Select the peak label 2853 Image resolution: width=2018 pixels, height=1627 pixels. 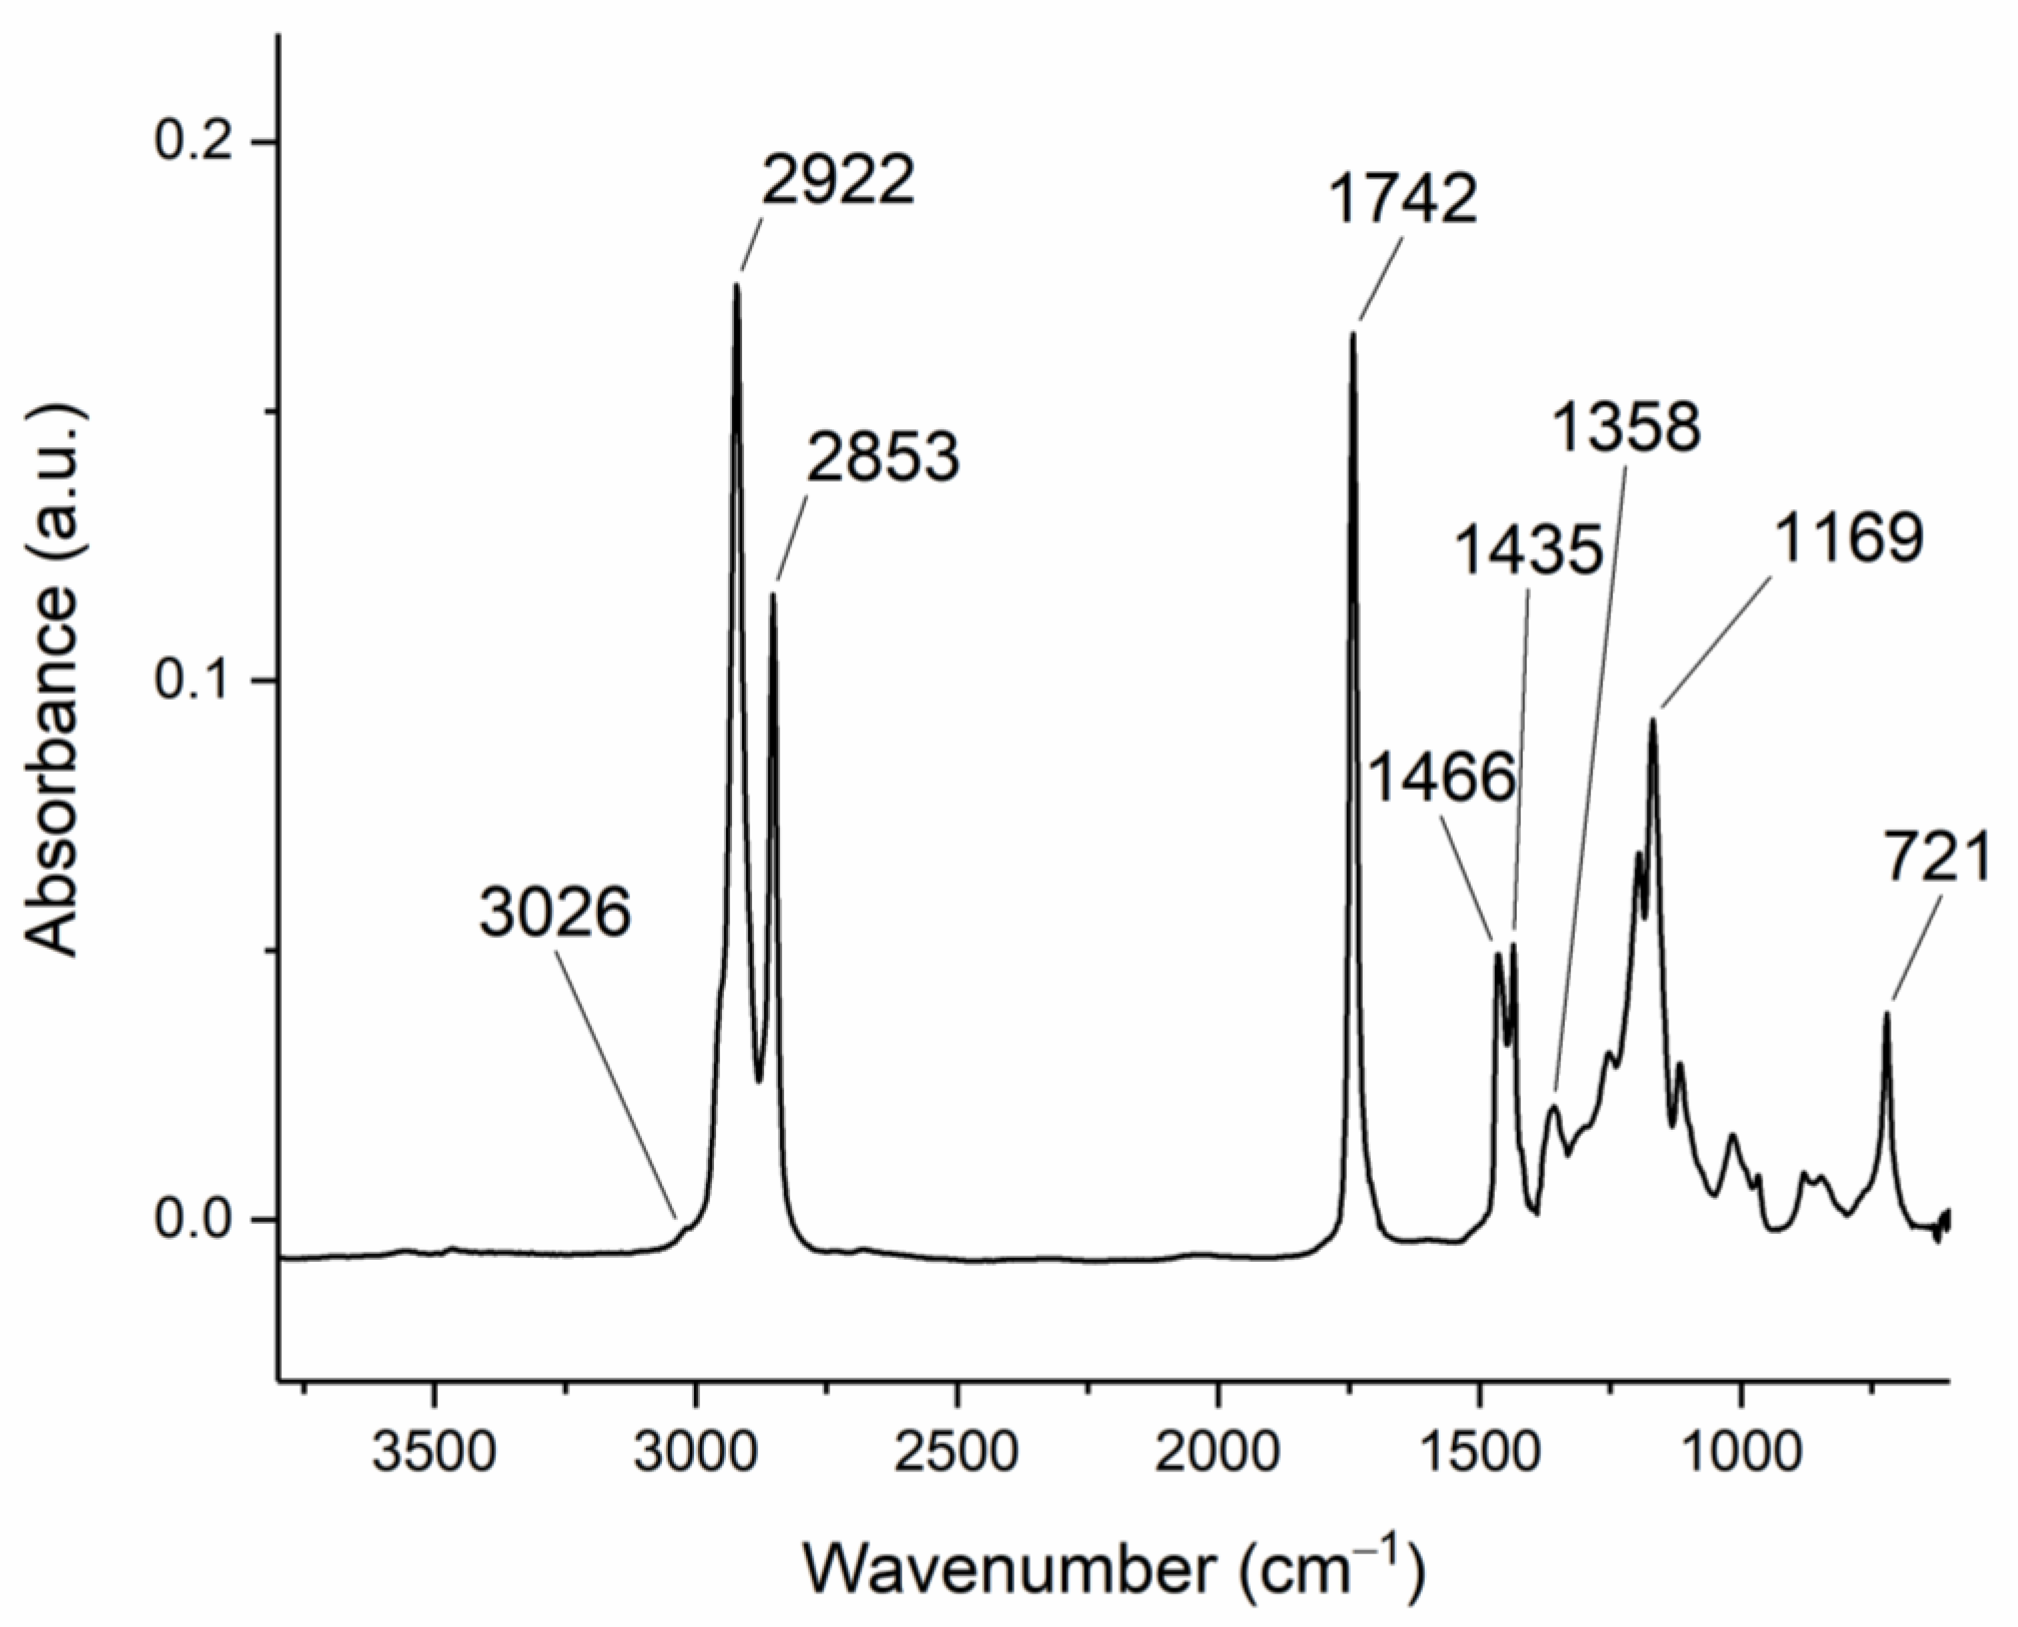pos(883,459)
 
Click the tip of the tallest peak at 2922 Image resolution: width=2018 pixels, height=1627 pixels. pos(737,285)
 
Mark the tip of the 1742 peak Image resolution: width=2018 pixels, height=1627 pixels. pos(1353,333)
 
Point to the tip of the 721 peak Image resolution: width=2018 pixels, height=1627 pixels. pos(1887,1014)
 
